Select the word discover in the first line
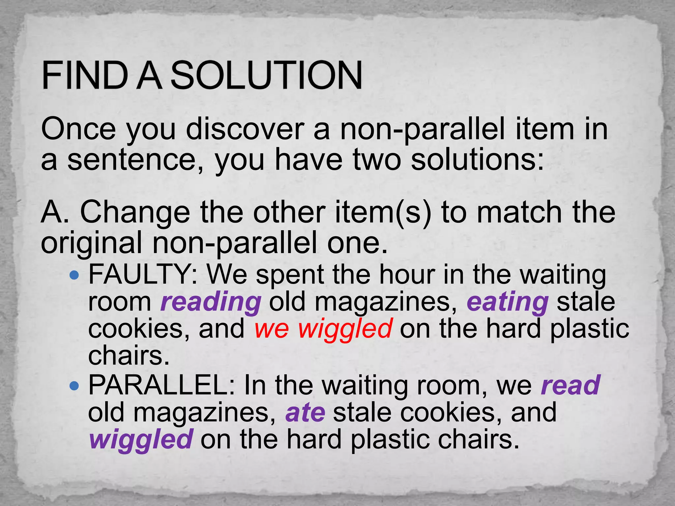click(245, 129)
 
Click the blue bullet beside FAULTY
click(75, 274)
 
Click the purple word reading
click(211, 302)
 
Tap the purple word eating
click(508, 302)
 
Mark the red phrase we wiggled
click(323, 329)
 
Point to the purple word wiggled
click(141, 439)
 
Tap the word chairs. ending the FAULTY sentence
click(129, 356)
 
